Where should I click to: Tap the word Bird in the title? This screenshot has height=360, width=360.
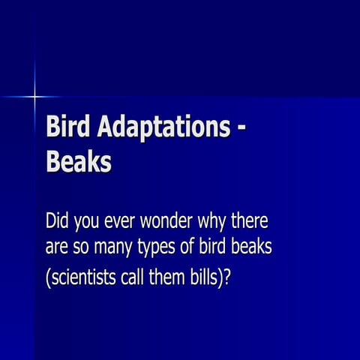coord(65,127)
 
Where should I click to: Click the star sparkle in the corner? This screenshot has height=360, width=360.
coord(34,96)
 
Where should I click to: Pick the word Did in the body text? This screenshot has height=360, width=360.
coord(58,222)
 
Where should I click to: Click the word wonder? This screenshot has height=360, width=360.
coord(169,223)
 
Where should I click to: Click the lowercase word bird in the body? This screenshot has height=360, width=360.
coord(216,247)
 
